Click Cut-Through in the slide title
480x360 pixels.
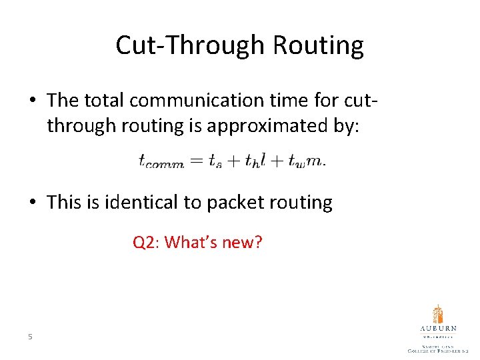190,45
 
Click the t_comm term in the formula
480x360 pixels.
161,161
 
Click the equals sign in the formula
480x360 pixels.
197,160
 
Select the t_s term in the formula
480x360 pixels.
215,161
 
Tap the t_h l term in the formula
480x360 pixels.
256,160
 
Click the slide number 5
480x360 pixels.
30,337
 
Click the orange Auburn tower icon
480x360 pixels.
437,315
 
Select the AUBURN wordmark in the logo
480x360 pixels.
438,329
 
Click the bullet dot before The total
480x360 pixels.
32,101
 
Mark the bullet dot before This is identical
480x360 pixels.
32,203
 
